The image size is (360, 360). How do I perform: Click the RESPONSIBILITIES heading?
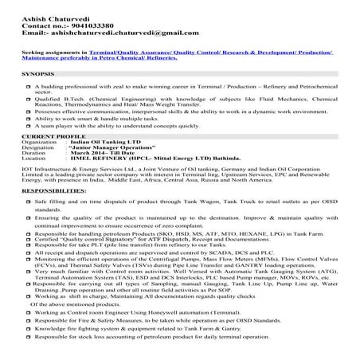point(55,192)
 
